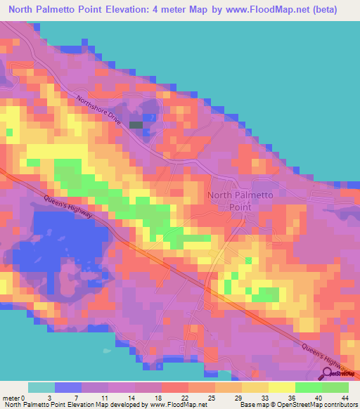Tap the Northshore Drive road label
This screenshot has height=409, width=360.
[x=100, y=111]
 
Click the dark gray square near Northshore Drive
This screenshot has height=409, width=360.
[x=135, y=125]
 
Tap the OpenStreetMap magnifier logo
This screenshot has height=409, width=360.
[x=327, y=375]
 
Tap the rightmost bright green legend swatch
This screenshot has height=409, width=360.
[x=335, y=387]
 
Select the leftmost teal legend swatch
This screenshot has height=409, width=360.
[x=41, y=387]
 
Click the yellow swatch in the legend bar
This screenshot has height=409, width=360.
[x=281, y=387]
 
